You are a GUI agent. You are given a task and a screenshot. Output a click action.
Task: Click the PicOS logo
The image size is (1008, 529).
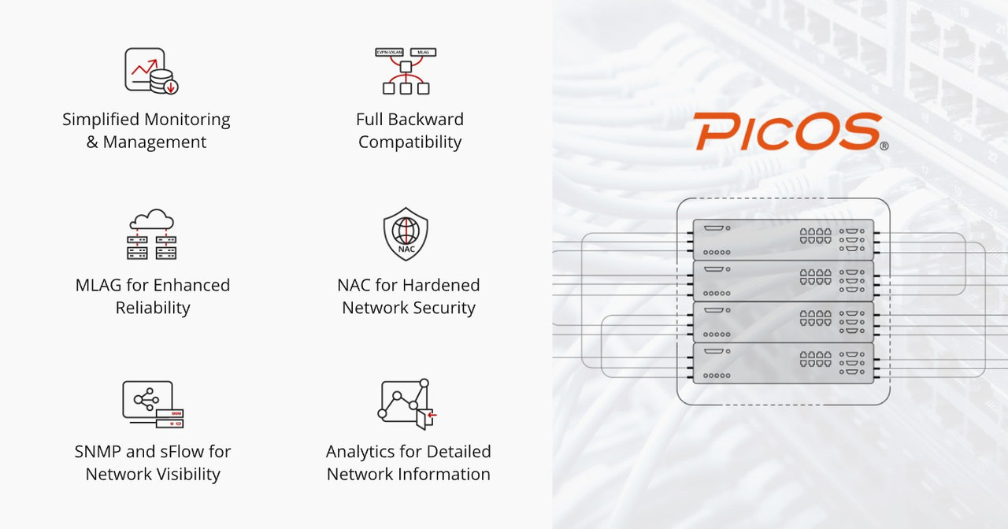coord(787,132)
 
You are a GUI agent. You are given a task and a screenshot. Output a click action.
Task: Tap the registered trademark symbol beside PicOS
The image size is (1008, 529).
coord(884,146)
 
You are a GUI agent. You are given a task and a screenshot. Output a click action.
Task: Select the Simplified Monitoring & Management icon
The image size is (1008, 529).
coord(151,71)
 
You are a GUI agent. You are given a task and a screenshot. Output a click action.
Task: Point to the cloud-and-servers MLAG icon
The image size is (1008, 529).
coord(152,235)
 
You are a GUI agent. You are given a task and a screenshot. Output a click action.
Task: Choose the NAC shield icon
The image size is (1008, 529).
coord(406,235)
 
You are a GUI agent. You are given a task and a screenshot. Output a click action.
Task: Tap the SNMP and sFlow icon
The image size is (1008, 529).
coord(152,404)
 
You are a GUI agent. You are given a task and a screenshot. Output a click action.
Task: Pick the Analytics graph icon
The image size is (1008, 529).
coord(407,404)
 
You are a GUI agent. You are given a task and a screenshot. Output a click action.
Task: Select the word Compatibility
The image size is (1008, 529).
coord(409,142)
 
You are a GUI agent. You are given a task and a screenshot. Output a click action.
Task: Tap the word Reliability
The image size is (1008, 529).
coord(153,308)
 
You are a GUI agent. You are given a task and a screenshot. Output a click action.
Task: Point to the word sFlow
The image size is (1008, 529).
coord(190,452)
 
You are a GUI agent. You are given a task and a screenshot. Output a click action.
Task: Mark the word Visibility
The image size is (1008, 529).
coord(182,474)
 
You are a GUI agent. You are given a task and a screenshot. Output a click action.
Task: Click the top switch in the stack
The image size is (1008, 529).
coord(783,239)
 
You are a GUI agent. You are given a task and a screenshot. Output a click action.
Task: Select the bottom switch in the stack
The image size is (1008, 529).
coord(783,363)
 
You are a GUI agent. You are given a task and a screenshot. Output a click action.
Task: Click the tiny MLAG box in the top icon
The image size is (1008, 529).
coord(424,53)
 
